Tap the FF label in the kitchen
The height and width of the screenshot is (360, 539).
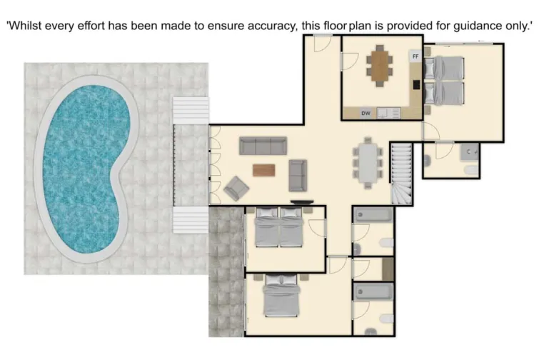coord(415,56)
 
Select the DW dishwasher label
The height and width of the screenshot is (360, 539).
coord(366,113)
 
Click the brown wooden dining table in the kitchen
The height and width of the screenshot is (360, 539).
coord(379,65)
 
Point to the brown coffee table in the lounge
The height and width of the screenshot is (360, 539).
coord(263,170)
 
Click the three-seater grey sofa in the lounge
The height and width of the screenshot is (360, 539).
coord(262,146)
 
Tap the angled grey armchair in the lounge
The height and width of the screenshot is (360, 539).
coord(236,189)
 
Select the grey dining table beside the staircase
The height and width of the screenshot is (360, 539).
coord(368,163)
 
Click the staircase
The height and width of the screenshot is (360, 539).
coord(401,173)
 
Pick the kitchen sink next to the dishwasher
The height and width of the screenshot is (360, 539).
coord(389,112)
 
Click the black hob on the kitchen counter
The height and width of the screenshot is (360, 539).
coord(416,84)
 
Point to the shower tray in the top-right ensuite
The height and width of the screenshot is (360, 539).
coord(468,151)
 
